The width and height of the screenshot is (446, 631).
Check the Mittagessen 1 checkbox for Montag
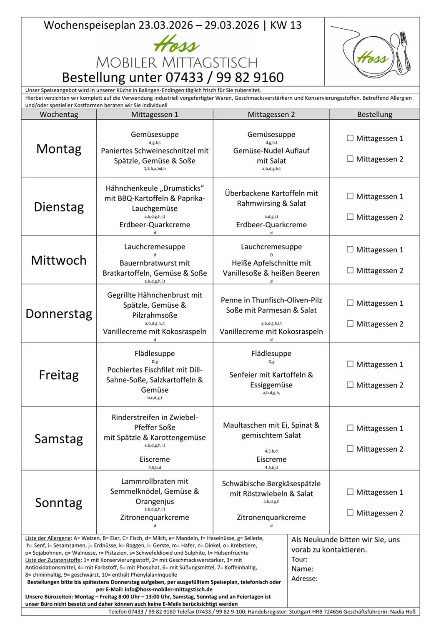(350, 138)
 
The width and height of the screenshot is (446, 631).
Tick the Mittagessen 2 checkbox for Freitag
(350, 385)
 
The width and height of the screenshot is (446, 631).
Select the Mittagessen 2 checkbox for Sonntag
(350, 513)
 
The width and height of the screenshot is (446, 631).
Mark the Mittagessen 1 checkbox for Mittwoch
(350, 249)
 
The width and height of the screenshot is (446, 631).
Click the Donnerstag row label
(59, 314)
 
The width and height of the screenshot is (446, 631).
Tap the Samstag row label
(59, 439)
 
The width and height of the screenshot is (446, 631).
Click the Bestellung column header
(374, 114)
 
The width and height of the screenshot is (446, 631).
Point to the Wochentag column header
(59, 114)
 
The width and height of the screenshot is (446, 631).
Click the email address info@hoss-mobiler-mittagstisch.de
(168, 589)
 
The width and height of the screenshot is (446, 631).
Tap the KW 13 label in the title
(286, 25)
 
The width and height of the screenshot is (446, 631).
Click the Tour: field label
(299, 559)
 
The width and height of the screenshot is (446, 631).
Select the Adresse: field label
(304, 578)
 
